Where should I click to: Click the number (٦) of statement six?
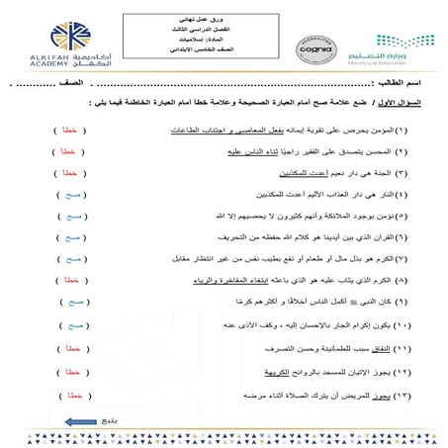pyautogui.click(x=408, y=237)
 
